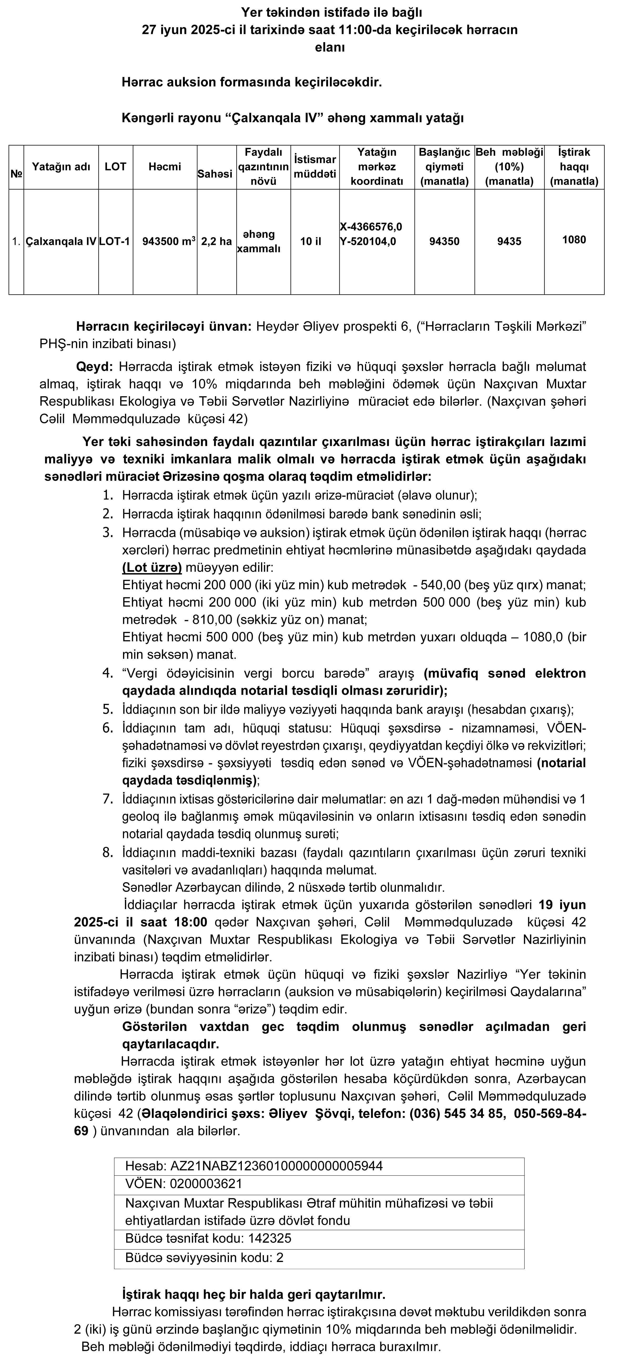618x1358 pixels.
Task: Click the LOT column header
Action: point(115,166)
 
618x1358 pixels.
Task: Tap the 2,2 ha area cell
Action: point(217,241)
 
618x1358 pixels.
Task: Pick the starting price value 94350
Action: point(444,241)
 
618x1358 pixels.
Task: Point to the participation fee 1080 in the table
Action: point(574,240)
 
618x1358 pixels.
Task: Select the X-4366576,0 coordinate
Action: point(371,227)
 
